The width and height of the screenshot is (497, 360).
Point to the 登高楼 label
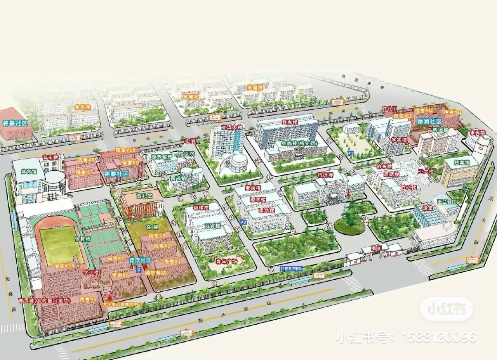(x=290, y=122)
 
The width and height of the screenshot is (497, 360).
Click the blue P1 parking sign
(x=350, y=153)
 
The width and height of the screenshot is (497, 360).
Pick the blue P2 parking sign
(x=243, y=222)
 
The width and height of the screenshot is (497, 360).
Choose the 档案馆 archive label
(x=461, y=163)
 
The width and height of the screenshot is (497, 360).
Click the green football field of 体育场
(x=61, y=244)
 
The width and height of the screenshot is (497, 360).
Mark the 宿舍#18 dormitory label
(x=64, y=266)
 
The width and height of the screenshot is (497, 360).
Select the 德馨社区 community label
(x=16, y=123)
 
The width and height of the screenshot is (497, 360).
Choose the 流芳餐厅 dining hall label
(x=163, y=157)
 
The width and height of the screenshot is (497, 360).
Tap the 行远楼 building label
(x=325, y=175)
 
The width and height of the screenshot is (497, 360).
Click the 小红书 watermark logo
(x=446, y=309)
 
